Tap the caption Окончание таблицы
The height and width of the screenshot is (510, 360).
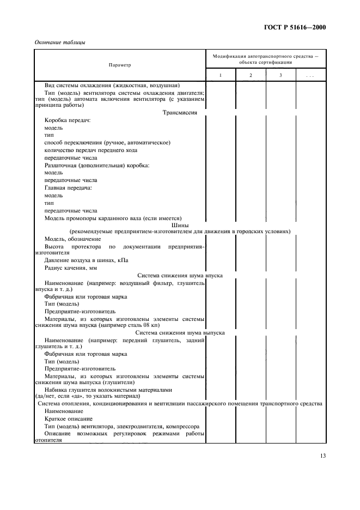60,43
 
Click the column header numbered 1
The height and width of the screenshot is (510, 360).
221,75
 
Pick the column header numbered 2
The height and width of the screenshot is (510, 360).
251,75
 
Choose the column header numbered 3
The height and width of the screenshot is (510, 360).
280,75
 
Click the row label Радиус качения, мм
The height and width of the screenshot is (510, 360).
70,268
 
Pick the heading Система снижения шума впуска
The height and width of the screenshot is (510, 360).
180,276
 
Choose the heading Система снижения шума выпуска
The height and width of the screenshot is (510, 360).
180,332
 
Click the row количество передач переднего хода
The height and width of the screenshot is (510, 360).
90,150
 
